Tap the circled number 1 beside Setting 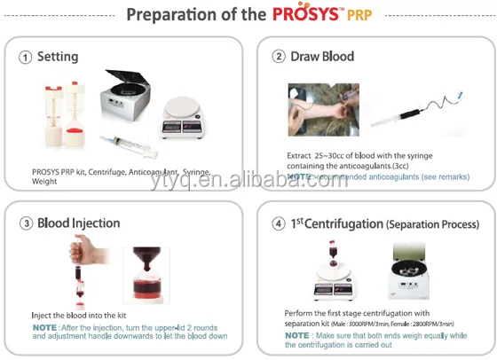pos(26,57)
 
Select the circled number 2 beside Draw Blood pos(279,57)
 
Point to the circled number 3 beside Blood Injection pos(26,223)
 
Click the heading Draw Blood pos(322,57)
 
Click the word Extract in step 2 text pos(299,155)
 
